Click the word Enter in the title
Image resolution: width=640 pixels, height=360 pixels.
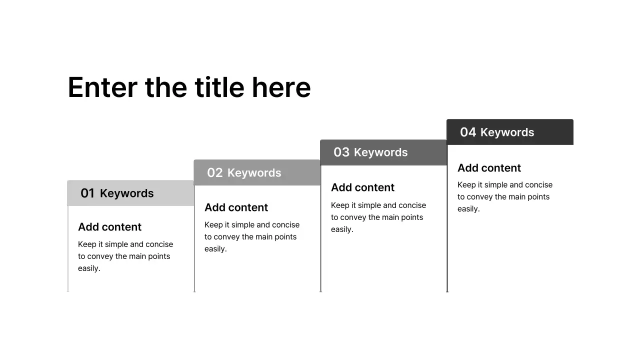[x=102, y=88]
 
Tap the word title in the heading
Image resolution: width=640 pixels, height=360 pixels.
[x=220, y=88]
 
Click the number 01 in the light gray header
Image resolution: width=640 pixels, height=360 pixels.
[x=87, y=193]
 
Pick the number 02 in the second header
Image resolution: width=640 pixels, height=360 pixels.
[x=215, y=173]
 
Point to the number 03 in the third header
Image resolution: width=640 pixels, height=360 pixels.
[x=341, y=152]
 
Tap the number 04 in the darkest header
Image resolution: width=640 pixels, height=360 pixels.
[x=468, y=132]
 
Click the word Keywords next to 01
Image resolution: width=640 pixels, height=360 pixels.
[x=126, y=193]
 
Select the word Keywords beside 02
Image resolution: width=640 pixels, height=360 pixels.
[x=254, y=173]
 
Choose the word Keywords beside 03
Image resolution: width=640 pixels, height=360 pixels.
[x=380, y=152]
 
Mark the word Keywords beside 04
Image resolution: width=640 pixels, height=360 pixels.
[x=507, y=132]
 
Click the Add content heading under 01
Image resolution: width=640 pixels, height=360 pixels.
[x=109, y=227]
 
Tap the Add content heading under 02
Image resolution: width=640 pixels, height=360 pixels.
[x=236, y=207]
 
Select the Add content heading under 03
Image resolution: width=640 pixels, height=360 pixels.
[x=362, y=187]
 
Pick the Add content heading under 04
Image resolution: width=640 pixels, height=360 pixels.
[x=489, y=168]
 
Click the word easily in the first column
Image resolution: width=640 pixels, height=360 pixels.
[x=89, y=268]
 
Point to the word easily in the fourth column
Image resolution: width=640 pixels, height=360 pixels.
[x=468, y=209]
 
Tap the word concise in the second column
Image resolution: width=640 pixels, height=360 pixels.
[x=285, y=225]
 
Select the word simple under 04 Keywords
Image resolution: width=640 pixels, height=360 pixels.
[x=498, y=185]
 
